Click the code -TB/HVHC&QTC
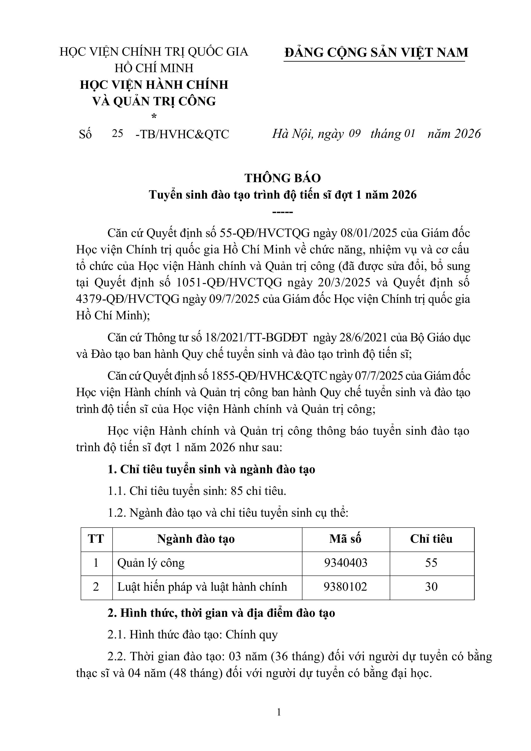[182, 134]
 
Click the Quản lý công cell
[151, 563]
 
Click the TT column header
[96, 539]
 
